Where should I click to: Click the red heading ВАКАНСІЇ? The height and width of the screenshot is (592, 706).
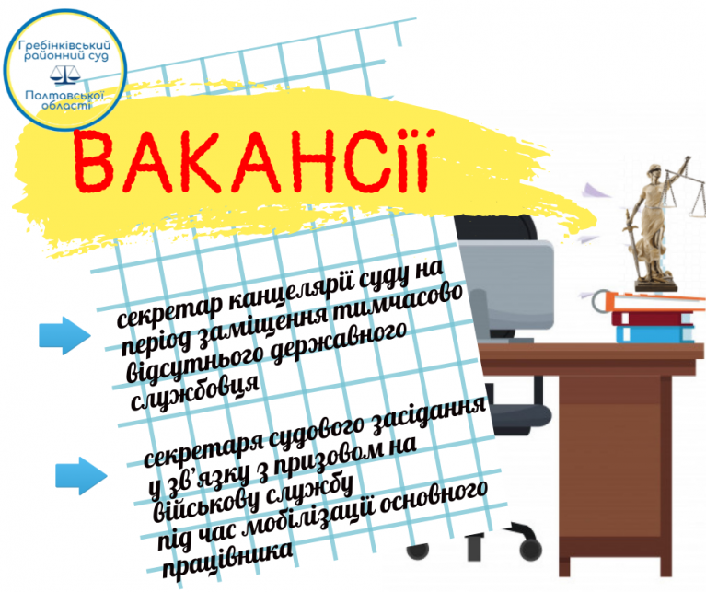pos(252,161)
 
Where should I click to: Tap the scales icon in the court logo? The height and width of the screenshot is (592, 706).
pos(65,75)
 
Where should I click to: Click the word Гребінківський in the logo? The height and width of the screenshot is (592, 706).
pos(64,45)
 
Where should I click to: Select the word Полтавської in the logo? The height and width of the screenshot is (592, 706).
pos(64,96)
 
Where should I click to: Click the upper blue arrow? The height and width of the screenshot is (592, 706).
pos(64,335)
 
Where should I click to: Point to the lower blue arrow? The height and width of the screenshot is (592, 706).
pos(81,476)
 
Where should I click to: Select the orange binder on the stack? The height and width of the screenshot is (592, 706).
pos(653,302)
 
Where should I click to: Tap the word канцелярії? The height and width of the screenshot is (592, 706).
pos(290,296)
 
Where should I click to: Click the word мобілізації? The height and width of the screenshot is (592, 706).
pos(311,521)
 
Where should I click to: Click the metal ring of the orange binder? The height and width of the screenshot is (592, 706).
pos(600,301)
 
